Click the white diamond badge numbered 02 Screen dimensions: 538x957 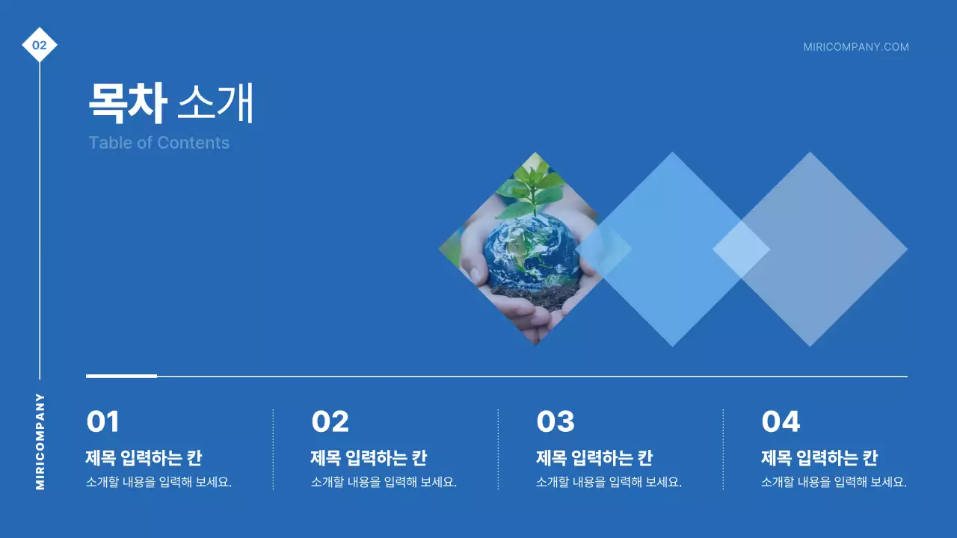click(40, 46)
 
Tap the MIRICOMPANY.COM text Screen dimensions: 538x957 click(856, 47)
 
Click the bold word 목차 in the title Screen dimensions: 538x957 click(126, 103)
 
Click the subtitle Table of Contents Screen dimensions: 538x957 click(159, 143)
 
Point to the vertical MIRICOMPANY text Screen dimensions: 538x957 click(40, 441)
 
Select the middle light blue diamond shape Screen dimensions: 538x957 click(672, 249)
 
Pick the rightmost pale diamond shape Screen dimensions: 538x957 click(822, 249)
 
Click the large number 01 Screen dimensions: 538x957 click(103, 422)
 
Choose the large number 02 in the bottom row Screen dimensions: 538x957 click(330, 422)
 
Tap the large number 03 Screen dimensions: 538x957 click(556, 422)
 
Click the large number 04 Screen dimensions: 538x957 click(781, 422)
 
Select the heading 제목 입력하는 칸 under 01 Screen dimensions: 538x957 click(144, 458)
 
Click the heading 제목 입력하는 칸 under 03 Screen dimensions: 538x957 click(594, 458)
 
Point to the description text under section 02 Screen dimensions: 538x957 click(384, 482)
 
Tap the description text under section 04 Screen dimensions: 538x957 click(834, 482)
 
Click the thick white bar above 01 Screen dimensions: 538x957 click(121, 376)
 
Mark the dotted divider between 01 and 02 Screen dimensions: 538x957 click(273, 448)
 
